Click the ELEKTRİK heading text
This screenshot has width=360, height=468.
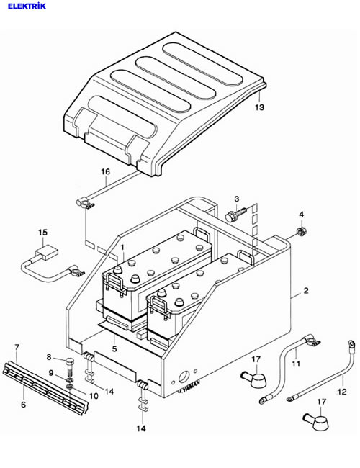pos(27,6)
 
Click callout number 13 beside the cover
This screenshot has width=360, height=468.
pos(259,107)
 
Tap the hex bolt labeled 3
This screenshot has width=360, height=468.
pos(236,214)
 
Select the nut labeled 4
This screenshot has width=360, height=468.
pos(301,231)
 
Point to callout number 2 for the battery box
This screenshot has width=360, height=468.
pos(306,290)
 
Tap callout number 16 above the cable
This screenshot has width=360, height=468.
pos(105,171)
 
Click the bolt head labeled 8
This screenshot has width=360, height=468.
pos(70,361)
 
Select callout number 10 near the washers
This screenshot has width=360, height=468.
pos(94,396)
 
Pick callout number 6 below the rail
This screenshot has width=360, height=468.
pos(23,405)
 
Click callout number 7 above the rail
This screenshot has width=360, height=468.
pos(17,347)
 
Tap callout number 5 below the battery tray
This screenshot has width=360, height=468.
pos(114,348)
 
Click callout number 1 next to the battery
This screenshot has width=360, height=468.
pos(122,248)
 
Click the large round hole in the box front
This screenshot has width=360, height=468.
pos(184,377)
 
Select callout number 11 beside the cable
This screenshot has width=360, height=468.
pos(295,364)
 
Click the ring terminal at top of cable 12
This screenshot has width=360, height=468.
pos(351,344)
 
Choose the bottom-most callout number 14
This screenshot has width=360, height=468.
pos(141,428)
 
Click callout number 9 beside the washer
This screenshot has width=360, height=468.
pos(51,372)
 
